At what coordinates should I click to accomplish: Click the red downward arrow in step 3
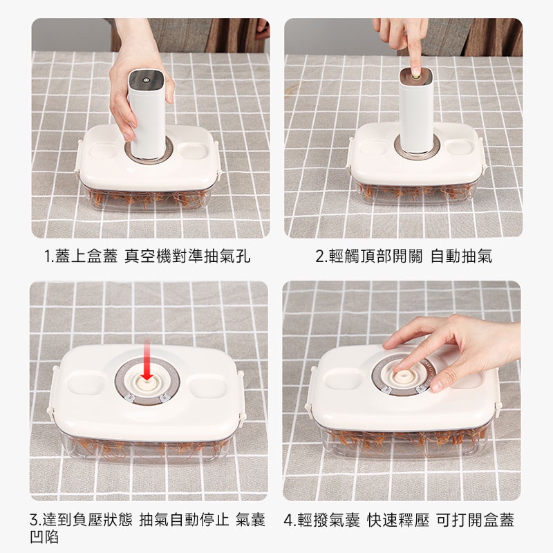coord(147,361)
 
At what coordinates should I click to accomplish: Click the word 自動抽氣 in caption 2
coord(461,256)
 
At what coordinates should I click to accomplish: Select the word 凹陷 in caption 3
coord(45,537)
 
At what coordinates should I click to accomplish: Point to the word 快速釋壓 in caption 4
coord(398,520)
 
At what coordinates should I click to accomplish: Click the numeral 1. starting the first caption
coord(49,256)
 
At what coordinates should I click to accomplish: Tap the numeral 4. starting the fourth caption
coord(290,521)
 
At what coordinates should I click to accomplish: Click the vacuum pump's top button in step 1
coord(145,79)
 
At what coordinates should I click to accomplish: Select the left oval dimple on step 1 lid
coord(102,151)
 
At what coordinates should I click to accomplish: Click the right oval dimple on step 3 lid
coord(207,386)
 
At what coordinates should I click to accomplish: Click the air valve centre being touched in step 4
coord(403,375)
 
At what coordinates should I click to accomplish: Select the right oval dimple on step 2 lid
coord(459,147)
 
